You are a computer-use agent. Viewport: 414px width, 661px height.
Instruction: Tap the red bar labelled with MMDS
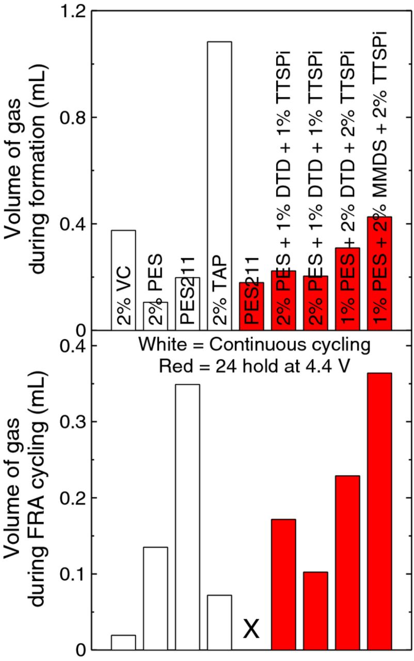[x=379, y=274]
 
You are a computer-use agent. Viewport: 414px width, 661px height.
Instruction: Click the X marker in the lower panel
[x=251, y=629]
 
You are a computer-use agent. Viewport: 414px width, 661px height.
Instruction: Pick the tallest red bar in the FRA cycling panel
[x=379, y=511]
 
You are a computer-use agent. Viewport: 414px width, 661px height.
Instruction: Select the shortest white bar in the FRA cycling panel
[x=123, y=642]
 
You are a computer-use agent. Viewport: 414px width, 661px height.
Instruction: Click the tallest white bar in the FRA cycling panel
[x=187, y=516]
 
